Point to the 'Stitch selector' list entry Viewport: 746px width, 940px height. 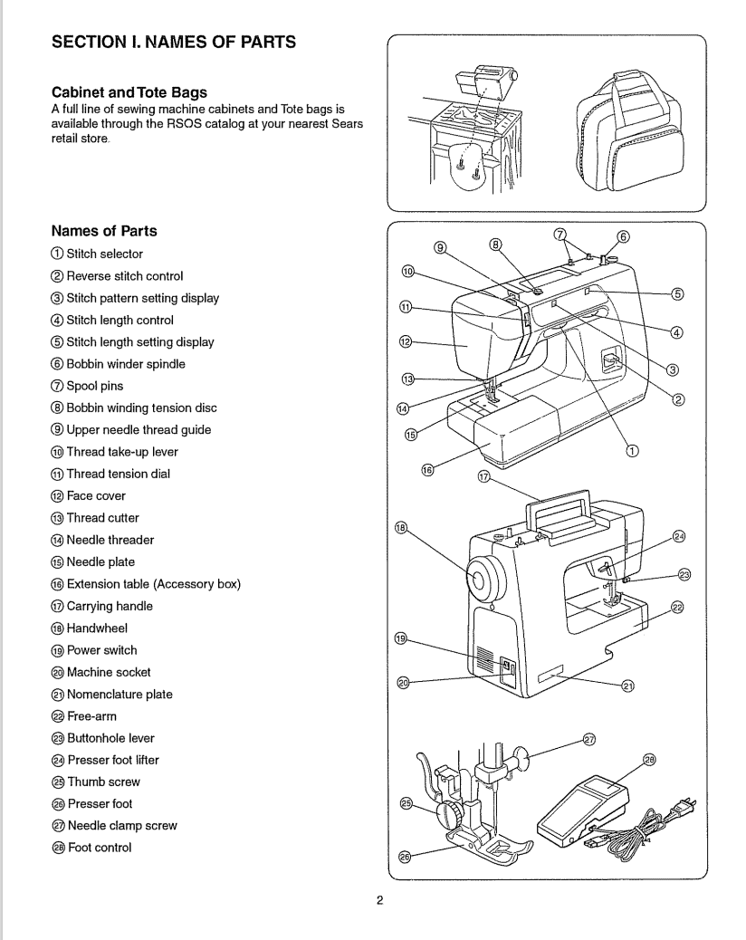pos(104,254)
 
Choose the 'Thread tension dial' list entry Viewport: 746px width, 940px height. pos(118,474)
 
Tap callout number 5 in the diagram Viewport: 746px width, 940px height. pos(677,293)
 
